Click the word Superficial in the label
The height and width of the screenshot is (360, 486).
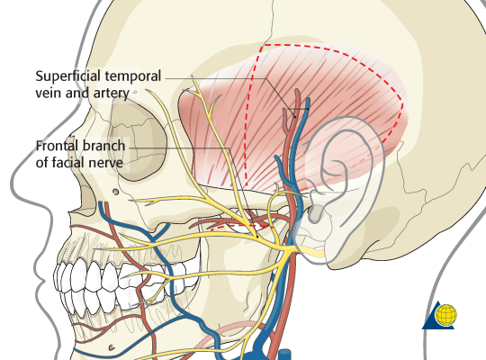click(67, 76)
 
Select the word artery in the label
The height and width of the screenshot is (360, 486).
click(112, 94)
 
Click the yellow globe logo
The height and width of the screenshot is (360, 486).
click(446, 315)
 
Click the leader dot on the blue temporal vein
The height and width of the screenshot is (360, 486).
click(308, 109)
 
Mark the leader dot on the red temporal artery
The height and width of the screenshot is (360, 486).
click(295, 117)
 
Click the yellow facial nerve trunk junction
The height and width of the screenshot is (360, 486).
click(289, 249)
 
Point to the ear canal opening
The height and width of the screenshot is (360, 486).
click(315, 214)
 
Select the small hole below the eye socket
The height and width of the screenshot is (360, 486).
click(115, 192)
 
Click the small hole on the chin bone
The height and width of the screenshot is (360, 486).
click(112, 347)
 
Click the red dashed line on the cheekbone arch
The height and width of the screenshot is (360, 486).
click(242, 228)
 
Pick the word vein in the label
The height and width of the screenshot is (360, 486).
click(48, 94)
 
